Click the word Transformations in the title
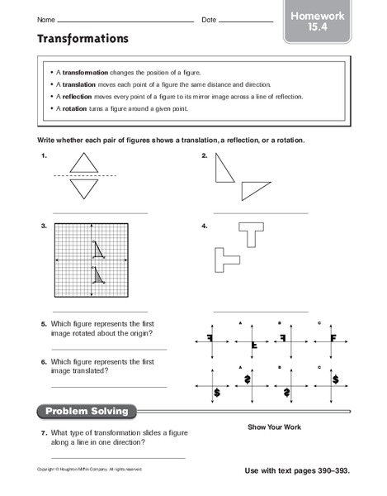(x=82, y=38)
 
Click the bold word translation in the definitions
(x=88, y=84)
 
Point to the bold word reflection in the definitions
(x=87, y=97)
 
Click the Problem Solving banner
(x=87, y=411)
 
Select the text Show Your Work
(x=274, y=427)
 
